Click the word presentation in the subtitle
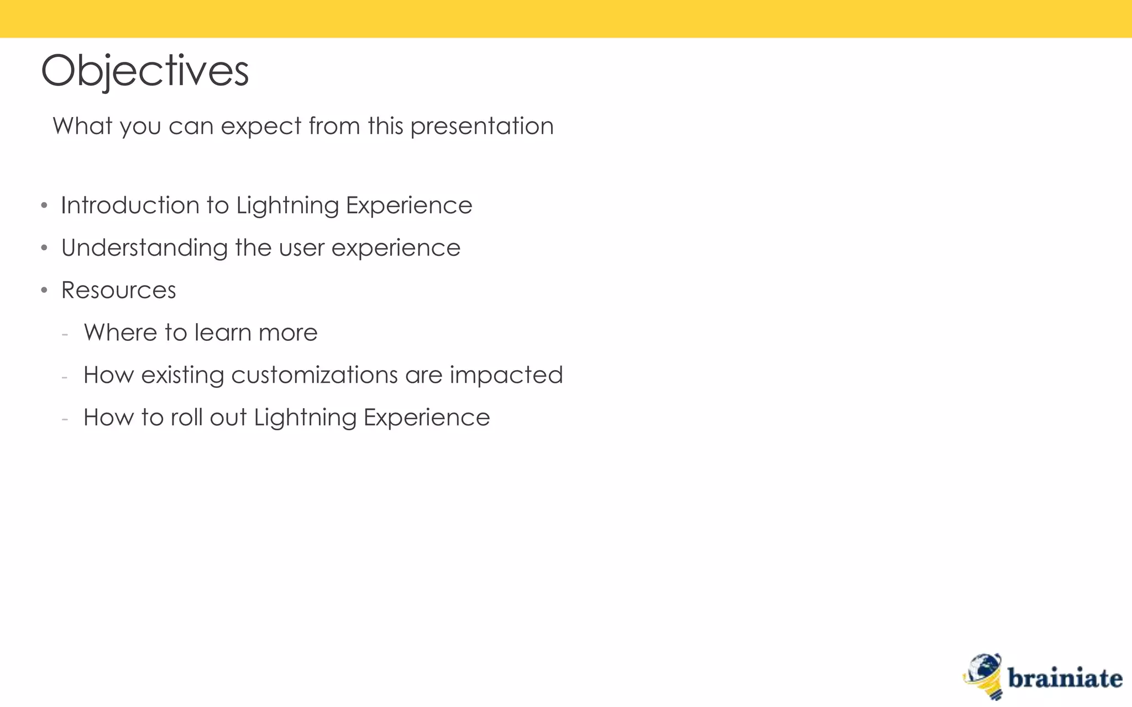[x=482, y=126]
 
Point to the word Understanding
[x=144, y=248]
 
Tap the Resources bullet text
[x=118, y=291]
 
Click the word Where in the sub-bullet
[x=120, y=333]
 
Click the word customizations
[x=314, y=375]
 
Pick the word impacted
[x=506, y=375]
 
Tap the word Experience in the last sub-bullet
[x=427, y=418]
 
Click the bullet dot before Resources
[x=44, y=291]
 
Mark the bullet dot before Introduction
[x=44, y=206]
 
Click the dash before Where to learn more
[x=65, y=334]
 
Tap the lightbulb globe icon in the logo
[x=984, y=676]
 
